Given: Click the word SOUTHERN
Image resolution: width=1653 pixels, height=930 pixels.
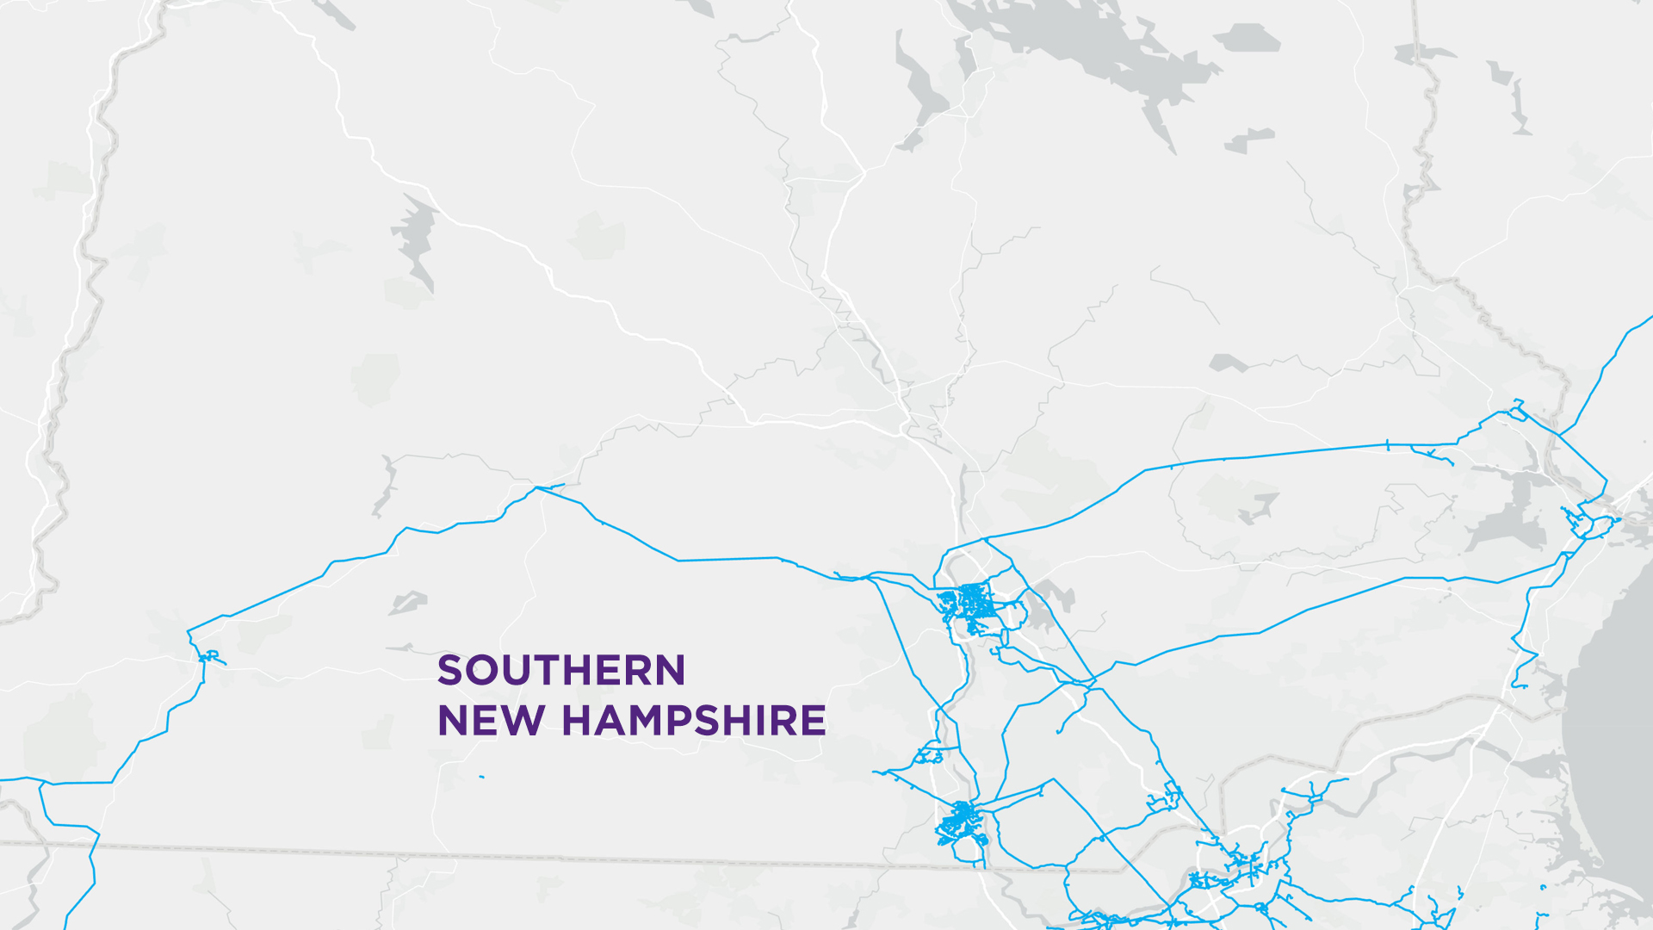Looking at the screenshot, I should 561,671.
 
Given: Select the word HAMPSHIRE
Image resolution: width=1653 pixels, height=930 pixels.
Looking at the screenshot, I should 694,721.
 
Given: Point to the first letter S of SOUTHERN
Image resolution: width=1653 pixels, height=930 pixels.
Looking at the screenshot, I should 450,671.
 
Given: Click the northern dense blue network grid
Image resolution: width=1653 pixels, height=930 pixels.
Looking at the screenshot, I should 970,601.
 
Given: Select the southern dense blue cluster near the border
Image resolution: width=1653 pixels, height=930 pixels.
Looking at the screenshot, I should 960,822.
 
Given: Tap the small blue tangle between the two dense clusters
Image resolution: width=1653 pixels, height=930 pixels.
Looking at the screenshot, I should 927,756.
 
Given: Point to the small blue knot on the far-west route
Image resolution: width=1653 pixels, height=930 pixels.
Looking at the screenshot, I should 209,657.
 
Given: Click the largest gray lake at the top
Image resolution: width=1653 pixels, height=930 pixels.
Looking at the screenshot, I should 1093,43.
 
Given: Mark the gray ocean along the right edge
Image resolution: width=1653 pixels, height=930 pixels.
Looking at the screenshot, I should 1619,732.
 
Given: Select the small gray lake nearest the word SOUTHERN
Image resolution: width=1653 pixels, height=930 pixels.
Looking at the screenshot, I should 408,602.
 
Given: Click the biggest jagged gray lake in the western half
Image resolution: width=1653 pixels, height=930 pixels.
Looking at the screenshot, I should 416,237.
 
